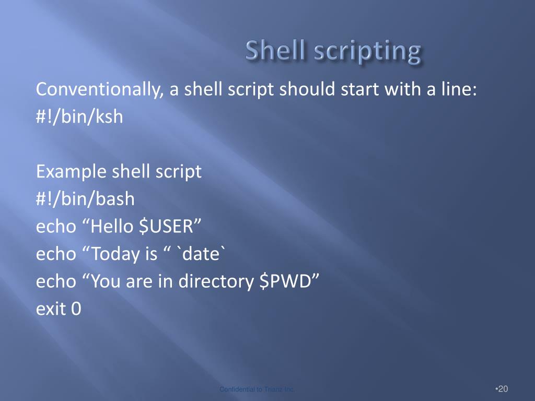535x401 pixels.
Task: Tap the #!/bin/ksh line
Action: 79,116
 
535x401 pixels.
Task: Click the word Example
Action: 71,172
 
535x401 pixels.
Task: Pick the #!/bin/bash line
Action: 85,199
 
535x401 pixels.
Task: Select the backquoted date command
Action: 203,254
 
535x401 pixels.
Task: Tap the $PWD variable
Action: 288,281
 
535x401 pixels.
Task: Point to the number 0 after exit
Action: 76,309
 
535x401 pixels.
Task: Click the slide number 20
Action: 503,389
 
